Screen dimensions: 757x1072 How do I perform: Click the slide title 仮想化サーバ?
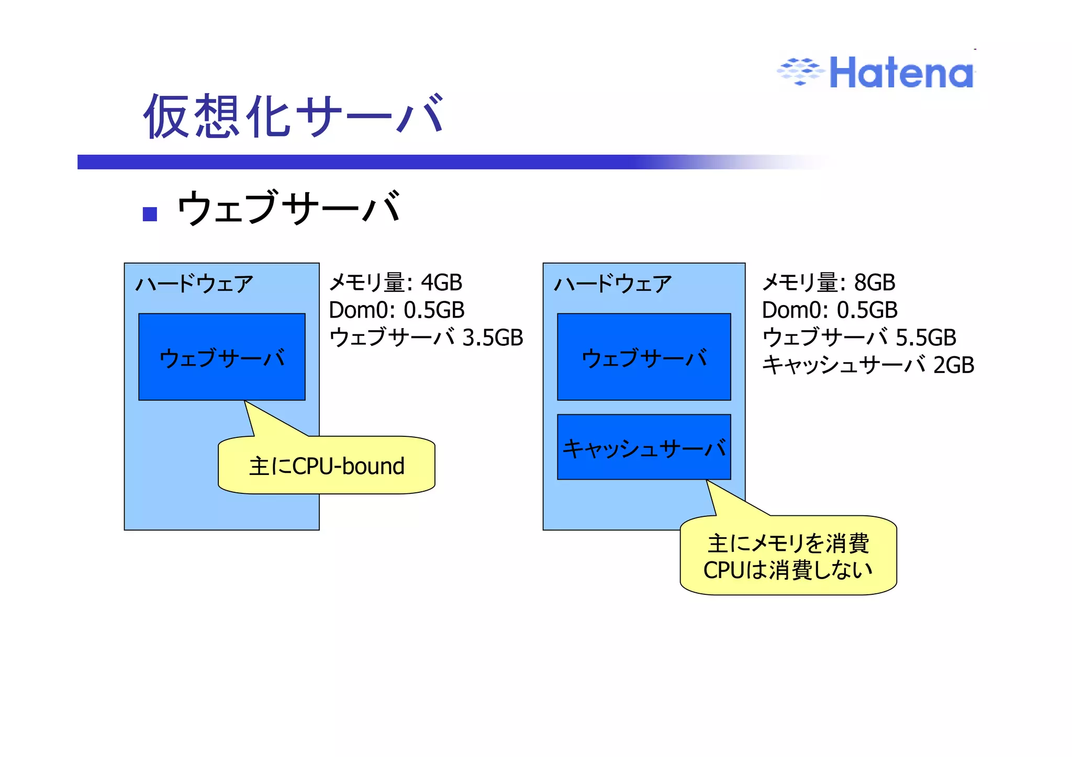[294, 116]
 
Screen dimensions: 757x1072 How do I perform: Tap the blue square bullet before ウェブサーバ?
[150, 214]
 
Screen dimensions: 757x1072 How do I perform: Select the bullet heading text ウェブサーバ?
[289, 208]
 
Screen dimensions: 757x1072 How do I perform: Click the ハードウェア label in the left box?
[194, 284]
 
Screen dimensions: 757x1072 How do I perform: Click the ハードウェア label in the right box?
[612, 284]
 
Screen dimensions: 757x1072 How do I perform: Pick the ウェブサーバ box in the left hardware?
[222, 357]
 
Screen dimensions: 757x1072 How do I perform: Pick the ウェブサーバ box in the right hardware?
[644, 357]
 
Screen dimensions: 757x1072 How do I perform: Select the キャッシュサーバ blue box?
[644, 447]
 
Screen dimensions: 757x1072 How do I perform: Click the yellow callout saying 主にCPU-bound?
[327, 466]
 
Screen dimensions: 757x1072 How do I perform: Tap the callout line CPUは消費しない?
[788, 570]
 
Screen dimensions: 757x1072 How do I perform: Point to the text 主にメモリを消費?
[788, 544]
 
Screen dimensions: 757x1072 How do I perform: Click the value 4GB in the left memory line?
[441, 283]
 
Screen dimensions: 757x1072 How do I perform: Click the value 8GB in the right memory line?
[874, 283]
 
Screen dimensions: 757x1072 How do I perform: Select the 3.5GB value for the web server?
[493, 337]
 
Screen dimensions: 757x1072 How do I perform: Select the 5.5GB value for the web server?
[925, 337]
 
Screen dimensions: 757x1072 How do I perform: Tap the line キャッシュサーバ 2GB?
[867, 365]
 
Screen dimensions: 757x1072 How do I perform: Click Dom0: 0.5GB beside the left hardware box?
[396, 310]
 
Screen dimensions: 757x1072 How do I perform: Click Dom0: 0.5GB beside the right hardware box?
[829, 310]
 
